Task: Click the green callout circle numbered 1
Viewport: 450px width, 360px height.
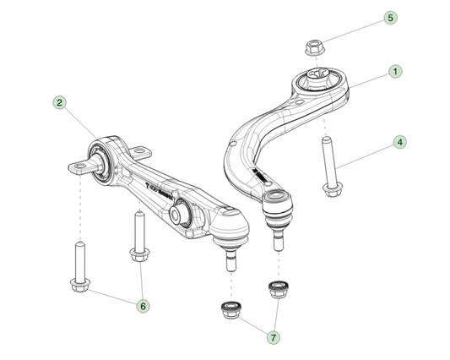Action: (x=394, y=74)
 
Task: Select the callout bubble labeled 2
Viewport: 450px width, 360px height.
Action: (x=59, y=102)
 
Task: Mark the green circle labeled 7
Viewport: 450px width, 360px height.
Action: (x=273, y=337)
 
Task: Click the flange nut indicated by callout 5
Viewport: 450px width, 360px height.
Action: (x=311, y=50)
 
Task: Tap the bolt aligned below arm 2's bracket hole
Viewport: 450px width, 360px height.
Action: (x=79, y=265)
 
